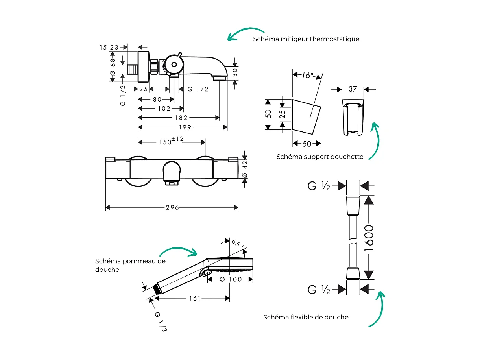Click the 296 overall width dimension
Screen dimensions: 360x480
(x=172, y=207)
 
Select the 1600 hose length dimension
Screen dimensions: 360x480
(x=368, y=238)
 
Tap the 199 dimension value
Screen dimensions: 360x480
(x=185, y=127)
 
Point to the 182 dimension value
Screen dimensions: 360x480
(x=181, y=117)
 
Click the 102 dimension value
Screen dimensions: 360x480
(x=164, y=108)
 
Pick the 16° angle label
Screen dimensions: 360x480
(x=308, y=75)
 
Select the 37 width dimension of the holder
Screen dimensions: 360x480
(x=353, y=89)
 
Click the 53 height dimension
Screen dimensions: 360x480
(x=268, y=114)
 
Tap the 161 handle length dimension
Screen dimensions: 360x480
(x=195, y=298)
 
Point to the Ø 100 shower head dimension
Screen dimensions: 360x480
(x=230, y=279)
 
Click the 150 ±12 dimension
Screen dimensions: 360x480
(x=172, y=141)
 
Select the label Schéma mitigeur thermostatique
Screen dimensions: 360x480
(x=306, y=39)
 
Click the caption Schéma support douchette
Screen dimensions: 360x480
(x=320, y=157)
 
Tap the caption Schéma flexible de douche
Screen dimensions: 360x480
(x=306, y=317)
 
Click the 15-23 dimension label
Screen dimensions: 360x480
(x=109, y=47)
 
